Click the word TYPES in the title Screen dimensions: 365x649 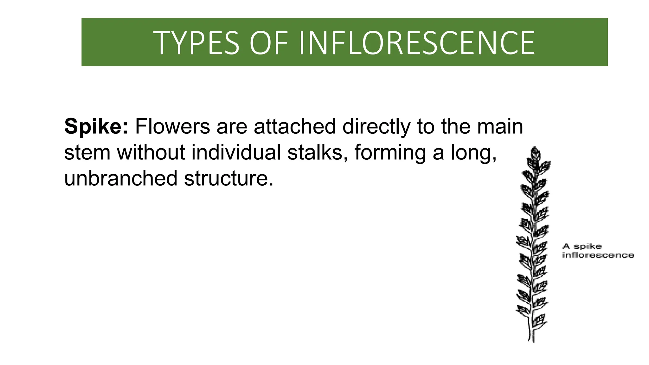196,43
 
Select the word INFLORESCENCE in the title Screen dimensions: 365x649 416,43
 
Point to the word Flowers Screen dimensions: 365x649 172,126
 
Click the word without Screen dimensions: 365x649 151,152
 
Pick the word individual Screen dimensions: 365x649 236,152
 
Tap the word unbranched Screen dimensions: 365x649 120,178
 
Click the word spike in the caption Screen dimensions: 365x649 588,247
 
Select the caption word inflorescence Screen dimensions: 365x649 598,255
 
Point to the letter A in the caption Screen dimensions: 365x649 566,246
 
